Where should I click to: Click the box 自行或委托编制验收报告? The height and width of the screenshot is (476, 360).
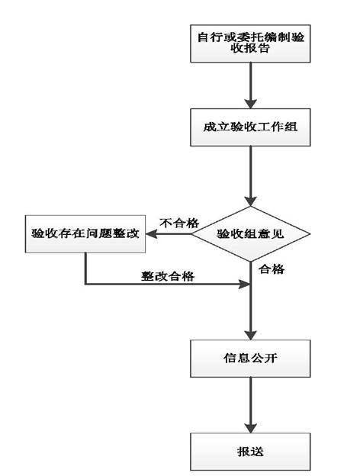(x=249, y=43)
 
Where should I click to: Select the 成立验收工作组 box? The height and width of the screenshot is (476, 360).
(x=249, y=129)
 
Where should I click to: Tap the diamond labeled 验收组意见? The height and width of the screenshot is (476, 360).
(x=250, y=234)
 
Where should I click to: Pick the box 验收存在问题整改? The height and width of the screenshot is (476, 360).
(x=85, y=234)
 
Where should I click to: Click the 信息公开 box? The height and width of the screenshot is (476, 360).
(x=249, y=356)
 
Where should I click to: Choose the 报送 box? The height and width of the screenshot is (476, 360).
(x=249, y=451)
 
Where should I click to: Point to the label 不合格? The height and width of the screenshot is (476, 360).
(x=179, y=224)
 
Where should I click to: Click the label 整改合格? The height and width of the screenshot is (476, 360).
(x=167, y=275)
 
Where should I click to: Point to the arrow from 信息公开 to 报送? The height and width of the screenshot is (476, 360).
(x=249, y=404)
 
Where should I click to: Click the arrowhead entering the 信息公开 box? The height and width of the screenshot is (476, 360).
(x=249, y=333)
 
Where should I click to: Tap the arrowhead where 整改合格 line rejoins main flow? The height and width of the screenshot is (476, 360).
(x=244, y=285)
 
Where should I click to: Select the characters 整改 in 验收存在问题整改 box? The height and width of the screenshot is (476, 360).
(x=127, y=234)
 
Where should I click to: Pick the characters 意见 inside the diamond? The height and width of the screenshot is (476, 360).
(x=273, y=234)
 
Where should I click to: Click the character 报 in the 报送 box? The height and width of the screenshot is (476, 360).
(x=243, y=451)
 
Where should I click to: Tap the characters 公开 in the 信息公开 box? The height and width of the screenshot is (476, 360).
(x=262, y=356)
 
